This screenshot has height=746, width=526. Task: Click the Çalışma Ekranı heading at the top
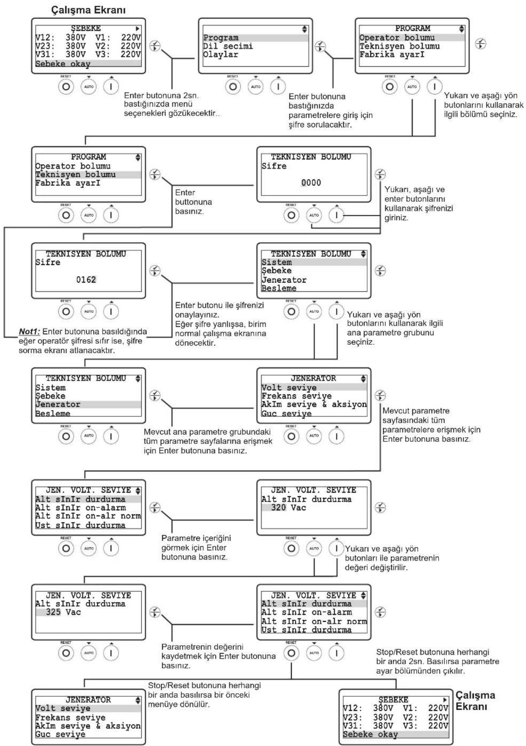coord(89,10)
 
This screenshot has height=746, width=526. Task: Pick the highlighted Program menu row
coord(255,38)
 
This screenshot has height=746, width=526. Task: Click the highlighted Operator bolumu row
coord(412,38)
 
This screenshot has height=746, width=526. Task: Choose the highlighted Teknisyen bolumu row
coord(88,175)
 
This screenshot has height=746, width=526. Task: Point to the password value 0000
coord(311,183)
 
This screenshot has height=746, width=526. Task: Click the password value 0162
coord(86,280)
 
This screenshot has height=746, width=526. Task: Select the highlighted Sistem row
coord(314,263)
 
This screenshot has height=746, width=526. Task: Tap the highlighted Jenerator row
coord(88,404)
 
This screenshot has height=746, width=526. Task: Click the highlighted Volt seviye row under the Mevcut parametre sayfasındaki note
coord(314,388)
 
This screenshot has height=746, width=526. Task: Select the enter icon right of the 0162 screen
coord(155,271)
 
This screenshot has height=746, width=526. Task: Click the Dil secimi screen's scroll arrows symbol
coord(305,29)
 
